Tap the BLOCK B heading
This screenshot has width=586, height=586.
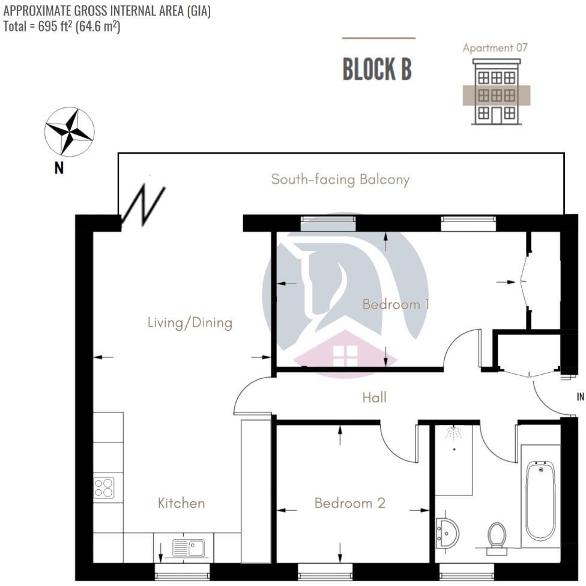(377, 70)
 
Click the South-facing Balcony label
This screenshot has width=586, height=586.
(340, 180)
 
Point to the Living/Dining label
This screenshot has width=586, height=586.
(190, 323)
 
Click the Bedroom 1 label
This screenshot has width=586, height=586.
(395, 304)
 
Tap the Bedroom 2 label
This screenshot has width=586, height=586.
(349, 503)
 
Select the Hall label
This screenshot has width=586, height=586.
(374, 397)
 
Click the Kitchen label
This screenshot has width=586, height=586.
(181, 503)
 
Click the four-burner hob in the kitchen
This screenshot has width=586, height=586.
(104, 487)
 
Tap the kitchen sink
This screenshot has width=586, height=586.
(189, 548)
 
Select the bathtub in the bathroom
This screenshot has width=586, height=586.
(540, 500)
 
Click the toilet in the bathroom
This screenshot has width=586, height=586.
(497, 535)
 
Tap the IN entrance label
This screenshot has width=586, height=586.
(580, 397)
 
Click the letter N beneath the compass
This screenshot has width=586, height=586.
(59, 169)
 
